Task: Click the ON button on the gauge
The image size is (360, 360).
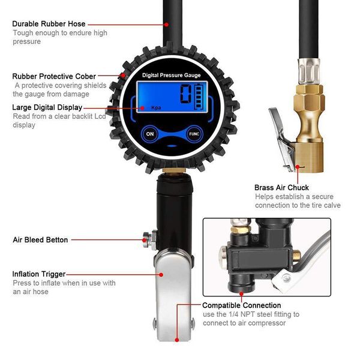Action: (149, 134)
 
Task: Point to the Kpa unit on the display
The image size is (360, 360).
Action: (156, 108)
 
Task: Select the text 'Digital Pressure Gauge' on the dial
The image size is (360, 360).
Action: (171, 75)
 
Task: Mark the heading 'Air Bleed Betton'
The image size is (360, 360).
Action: (40, 239)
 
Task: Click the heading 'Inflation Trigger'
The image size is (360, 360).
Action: (39, 274)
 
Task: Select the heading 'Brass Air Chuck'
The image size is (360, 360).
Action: (281, 187)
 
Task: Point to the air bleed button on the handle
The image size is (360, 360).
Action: (147, 239)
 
